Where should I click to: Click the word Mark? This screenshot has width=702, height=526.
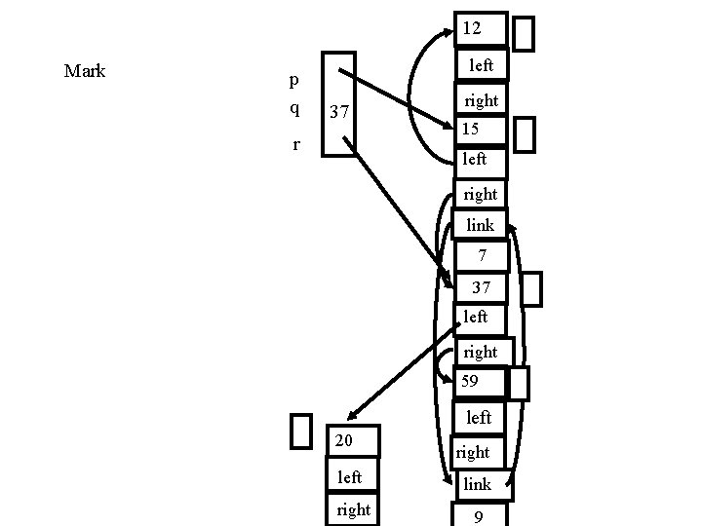coord(84,71)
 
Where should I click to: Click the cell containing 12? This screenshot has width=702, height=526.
coord(480,29)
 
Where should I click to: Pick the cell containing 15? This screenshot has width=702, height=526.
coord(480,129)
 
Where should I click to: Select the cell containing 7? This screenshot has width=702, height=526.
coord(480,256)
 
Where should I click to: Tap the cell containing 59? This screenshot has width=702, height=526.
coord(480,383)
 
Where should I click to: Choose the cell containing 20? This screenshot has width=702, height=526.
coord(352,442)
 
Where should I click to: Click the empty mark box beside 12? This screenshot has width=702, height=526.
coord(524,33)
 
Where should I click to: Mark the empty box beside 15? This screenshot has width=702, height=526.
coord(524,134)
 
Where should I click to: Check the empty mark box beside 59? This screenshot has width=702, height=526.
coord(519,383)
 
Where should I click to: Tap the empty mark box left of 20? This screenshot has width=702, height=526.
coord(301,431)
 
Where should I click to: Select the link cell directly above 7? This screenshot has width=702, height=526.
coord(480,225)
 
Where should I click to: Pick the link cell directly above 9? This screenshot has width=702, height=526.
coord(480,484)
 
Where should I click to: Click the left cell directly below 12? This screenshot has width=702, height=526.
coord(480,65)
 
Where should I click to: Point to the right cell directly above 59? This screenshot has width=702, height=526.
coord(482,352)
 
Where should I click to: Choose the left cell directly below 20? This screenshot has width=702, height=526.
coord(351,476)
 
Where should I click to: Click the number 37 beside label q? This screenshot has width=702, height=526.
coord(340,113)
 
